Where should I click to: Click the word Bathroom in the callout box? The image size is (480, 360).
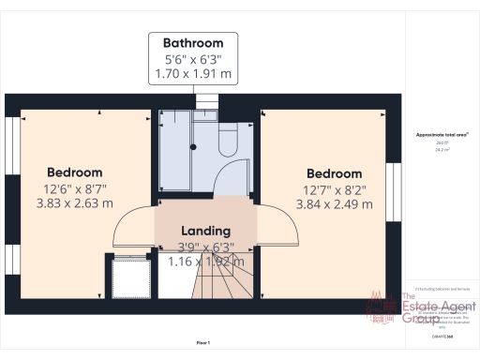pyautogui.click(x=193, y=43)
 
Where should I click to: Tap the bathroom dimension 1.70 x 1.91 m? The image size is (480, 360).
pyautogui.click(x=193, y=72)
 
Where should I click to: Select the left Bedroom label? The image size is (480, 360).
pyautogui.click(x=75, y=172)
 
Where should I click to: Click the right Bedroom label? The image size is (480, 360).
pyautogui.click(x=334, y=173)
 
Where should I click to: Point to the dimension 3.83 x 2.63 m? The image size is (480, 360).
pyautogui.click(x=74, y=202)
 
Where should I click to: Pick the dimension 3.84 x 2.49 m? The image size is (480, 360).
pyautogui.click(x=335, y=203)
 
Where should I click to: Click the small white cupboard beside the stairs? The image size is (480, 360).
pyautogui.click(x=126, y=276)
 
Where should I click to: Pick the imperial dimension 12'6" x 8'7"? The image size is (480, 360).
pyautogui.click(x=74, y=188)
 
